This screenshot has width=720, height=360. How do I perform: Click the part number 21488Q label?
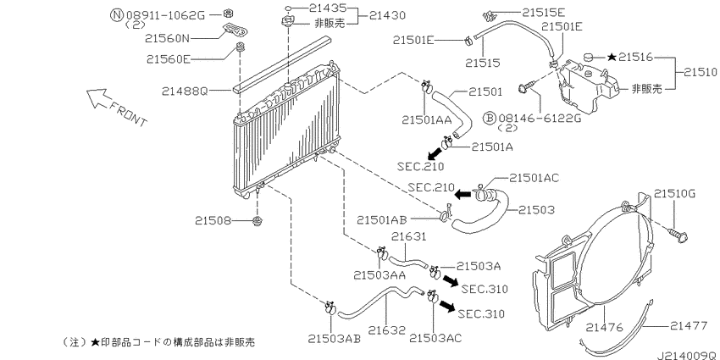coord(184,91)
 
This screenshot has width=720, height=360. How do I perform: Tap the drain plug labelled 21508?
coord(258,222)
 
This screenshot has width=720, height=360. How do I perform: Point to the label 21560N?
coord(167,39)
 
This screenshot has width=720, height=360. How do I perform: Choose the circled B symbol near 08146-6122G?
coord(490,118)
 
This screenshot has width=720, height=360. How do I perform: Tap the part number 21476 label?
coord(604,328)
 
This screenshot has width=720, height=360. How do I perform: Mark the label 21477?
coord(688,326)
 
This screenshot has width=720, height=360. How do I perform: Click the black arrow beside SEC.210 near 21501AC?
coord(463,194)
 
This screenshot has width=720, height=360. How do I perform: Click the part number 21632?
coord(386,330)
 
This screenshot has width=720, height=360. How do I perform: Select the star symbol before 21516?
coord(612,57)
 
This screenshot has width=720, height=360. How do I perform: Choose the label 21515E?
coord(543,12)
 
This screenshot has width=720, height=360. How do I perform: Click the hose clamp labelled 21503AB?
coord(330,307)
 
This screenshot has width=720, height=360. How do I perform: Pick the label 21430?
coord(388,15)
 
